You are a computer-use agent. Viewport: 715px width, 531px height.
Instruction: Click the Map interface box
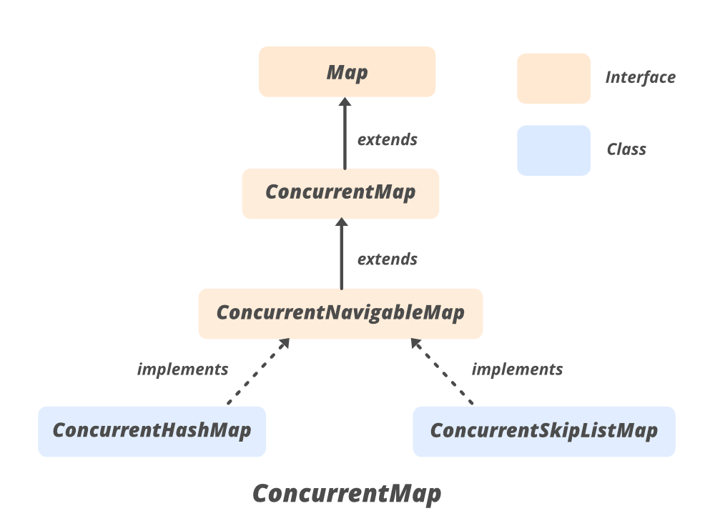click(347, 71)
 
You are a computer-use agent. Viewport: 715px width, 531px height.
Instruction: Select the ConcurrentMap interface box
click(340, 193)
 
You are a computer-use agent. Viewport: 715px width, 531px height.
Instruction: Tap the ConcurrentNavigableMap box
click(340, 313)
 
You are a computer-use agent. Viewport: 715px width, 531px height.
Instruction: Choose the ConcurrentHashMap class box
click(152, 431)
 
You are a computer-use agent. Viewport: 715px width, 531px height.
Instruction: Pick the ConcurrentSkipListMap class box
click(543, 431)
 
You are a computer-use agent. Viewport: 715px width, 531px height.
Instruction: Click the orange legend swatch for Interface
click(553, 78)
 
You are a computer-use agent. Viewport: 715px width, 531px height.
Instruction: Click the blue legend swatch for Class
click(553, 150)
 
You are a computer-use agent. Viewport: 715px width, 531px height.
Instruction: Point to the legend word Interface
click(640, 77)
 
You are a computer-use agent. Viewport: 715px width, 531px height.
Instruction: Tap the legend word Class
click(626, 149)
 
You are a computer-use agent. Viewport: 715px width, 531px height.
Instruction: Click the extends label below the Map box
click(387, 139)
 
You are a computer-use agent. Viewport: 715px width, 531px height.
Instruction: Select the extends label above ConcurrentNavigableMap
click(387, 259)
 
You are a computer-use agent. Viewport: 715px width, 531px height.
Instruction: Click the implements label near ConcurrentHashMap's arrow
click(182, 369)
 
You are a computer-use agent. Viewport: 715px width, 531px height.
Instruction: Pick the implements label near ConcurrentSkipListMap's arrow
click(517, 369)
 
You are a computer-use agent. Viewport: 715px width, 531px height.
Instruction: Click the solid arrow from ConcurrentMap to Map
click(345, 139)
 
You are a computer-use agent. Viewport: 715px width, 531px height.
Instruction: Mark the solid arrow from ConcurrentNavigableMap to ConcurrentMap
click(341, 259)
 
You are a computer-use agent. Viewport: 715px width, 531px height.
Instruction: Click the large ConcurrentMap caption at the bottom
click(347, 494)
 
